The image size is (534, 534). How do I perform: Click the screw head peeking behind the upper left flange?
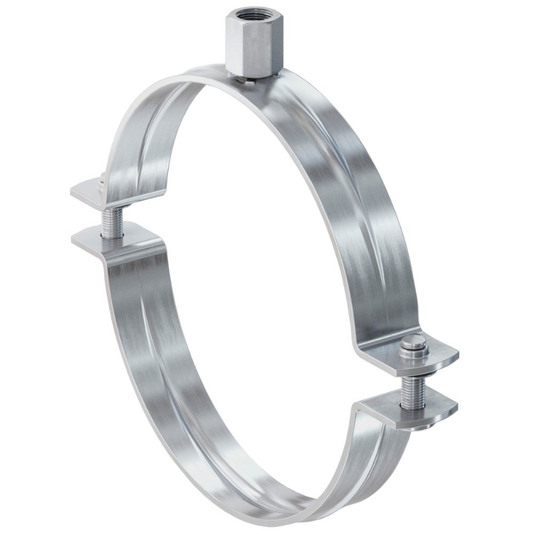pyautogui.click(x=100, y=179)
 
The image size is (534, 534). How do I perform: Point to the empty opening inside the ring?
pyautogui.click(x=260, y=267)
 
